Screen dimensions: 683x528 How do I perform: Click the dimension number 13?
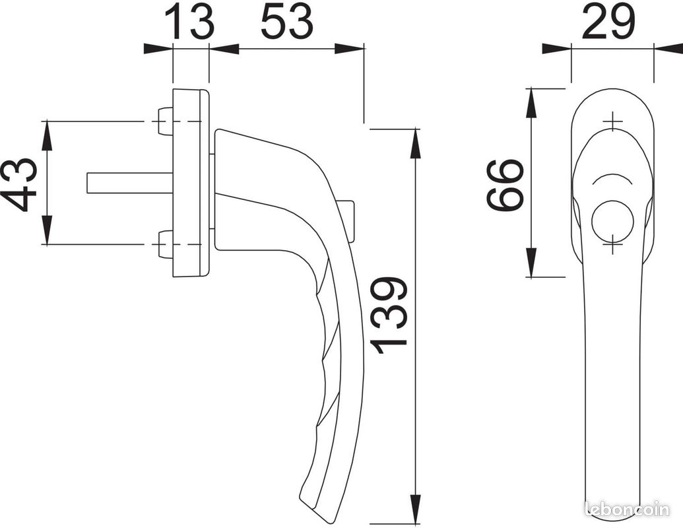191,20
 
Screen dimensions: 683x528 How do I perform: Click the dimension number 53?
287,20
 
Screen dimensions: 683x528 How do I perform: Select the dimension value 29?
608,20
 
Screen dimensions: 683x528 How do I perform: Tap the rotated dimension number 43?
20,184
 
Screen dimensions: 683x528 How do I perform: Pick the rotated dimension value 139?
389,315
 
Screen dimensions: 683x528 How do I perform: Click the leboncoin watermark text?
628,509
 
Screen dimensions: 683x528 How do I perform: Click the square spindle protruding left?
130,182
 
